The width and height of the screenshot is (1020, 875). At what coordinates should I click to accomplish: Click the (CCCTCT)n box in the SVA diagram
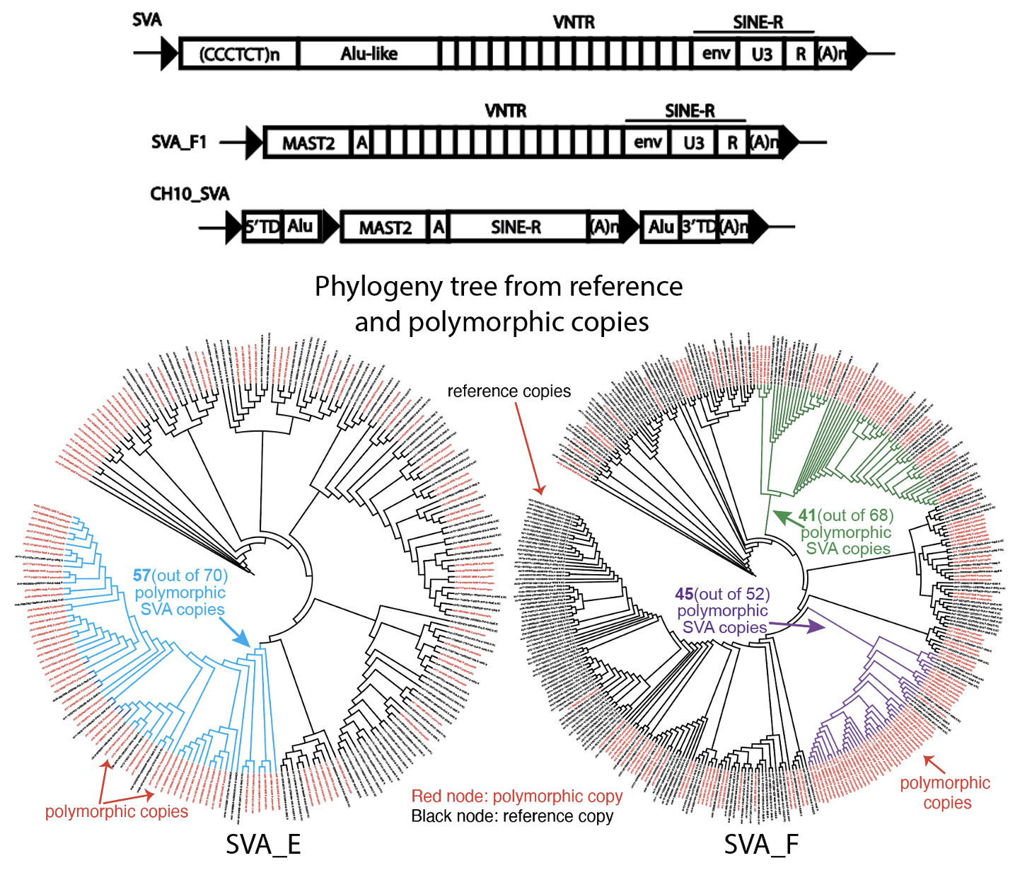[x=239, y=55]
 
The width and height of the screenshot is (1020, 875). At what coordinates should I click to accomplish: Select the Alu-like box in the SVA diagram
[x=369, y=54]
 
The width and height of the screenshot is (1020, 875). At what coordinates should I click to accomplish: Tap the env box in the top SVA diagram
[x=716, y=54]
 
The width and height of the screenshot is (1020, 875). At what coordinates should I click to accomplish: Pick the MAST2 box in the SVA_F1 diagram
[x=308, y=144]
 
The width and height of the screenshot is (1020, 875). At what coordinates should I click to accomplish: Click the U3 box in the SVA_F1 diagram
[x=694, y=143]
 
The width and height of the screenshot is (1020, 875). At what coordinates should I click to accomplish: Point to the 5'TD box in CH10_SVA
[x=262, y=227]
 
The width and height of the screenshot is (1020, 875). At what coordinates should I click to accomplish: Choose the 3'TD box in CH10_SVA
[x=699, y=227]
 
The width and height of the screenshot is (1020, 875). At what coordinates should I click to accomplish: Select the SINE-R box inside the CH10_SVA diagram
[x=516, y=227]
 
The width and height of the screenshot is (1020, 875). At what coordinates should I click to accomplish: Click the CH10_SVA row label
[x=190, y=194]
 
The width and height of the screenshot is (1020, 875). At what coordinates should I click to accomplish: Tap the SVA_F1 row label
[x=179, y=142]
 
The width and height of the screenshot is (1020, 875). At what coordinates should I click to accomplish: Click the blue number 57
[x=141, y=576]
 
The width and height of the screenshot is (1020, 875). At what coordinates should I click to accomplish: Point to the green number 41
[x=807, y=515]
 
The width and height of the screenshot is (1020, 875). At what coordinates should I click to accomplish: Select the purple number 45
[x=684, y=594]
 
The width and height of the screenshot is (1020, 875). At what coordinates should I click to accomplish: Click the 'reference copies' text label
[x=509, y=391]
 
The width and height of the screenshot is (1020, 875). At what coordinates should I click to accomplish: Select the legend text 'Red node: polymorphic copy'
[x=516, y=796]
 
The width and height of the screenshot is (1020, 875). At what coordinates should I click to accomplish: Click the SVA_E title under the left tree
[x=263, y=845]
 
